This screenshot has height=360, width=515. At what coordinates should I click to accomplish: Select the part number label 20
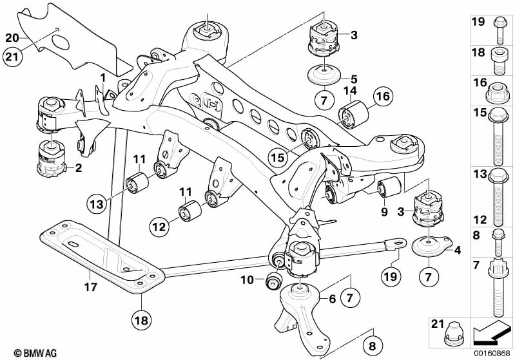[x=12, y=37]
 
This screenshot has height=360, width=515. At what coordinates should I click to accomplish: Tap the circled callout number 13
[x=97, y=204]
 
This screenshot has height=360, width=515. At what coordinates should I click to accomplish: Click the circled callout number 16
[x=382, y=97]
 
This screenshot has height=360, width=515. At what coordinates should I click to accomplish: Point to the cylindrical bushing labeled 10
[x=275, y=281]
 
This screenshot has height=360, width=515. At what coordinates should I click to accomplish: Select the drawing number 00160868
[x=492, y=352]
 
